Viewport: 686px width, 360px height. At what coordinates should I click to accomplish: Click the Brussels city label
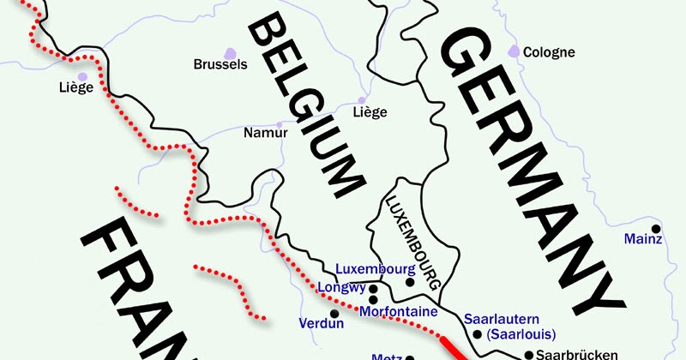tap(220, 64)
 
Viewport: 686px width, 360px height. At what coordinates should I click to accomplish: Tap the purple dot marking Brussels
tap(228, 51)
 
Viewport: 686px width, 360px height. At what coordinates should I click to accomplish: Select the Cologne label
tap(549, 52)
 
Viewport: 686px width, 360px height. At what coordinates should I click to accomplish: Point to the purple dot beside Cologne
tap(514, 52)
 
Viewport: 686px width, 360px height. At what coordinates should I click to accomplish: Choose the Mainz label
tap(642, 239)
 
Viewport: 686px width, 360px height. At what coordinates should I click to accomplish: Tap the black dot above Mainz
tap(656, 228)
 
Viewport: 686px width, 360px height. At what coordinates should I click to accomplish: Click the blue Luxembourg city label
tap(370, 268)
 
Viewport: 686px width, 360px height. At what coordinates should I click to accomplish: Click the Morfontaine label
tap(399, 310)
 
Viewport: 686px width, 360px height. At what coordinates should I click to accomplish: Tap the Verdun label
tap(321, 324)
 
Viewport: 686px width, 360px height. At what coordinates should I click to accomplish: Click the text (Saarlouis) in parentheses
tap(520, 333)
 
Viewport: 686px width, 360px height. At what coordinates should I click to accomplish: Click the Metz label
tap(386, 356)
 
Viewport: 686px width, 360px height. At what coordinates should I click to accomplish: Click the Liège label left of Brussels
tap(75, 87)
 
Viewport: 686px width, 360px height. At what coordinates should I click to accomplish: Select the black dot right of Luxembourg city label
tap(410, 282)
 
